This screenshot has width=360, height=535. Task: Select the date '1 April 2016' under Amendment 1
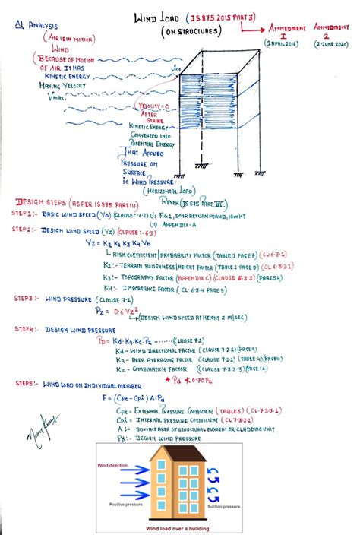280,46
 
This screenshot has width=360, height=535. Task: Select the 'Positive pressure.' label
128,503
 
